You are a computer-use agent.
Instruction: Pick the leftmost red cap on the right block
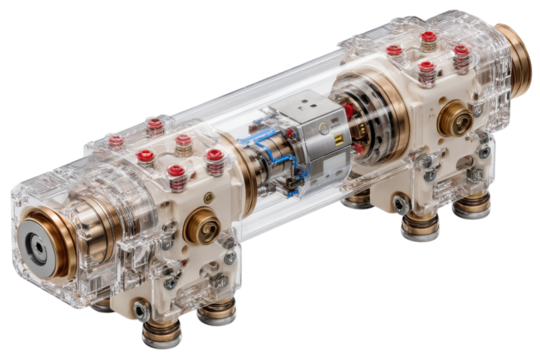[394, 50]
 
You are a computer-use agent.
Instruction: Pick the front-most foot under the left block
[161, 329]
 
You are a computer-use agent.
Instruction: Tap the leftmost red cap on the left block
[117, 141]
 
